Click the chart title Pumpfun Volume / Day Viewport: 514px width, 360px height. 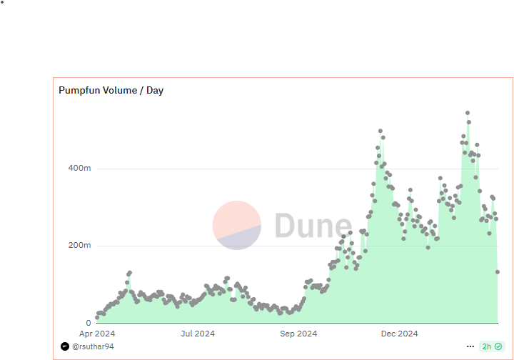click(x=111, y=91)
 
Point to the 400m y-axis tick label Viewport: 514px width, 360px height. click(x=78, y=169)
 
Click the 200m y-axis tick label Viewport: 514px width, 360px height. click(x=78, y=246)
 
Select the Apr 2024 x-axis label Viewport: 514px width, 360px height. click(x=97, y=334)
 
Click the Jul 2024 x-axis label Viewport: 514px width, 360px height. click(x=198, y=334)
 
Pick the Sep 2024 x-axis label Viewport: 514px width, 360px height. click(x=298, y=334)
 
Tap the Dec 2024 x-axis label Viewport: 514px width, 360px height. click(x=399, y=334)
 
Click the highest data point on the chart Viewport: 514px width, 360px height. click(x=468, y=113)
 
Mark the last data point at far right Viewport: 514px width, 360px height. click(x=498, y=271)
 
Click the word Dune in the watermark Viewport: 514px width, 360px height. click(x=313, y=226)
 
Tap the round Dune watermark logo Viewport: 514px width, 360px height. click(x=237, y=226)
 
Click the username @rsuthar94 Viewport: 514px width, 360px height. click(x=93, y=346)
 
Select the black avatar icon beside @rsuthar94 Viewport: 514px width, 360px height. click(x=65, y=346)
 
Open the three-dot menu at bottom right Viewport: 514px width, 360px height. click(x=470, y=346)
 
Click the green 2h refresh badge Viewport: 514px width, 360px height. click(x=492, y=346)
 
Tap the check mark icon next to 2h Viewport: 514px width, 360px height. click(x=498, y=346)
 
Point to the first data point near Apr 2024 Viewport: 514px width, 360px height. click(x=97, y=318)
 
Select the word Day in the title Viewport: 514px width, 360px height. click(x=155, y=91)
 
